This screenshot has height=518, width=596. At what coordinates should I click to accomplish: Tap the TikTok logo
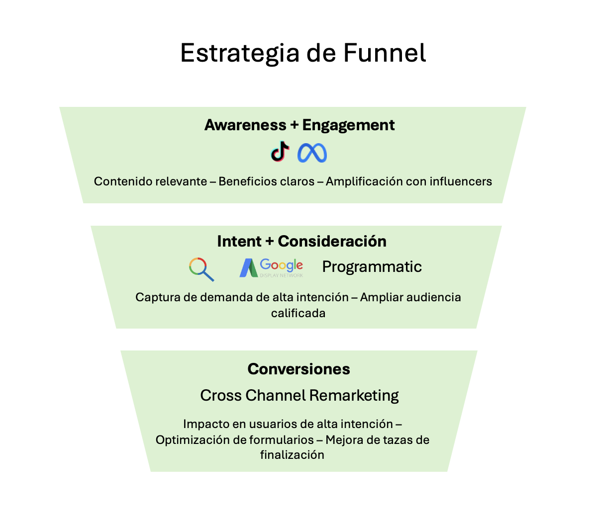280,152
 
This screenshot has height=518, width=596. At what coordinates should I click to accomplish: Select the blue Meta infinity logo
312,153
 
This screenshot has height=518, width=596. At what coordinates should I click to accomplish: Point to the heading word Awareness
245,125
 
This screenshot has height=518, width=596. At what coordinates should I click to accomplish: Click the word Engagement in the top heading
348,125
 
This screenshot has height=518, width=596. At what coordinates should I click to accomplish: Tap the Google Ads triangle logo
248,267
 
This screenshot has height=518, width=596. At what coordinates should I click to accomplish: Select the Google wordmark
281,265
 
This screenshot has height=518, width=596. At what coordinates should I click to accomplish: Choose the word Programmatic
372,266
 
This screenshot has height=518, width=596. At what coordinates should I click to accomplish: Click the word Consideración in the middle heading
332,241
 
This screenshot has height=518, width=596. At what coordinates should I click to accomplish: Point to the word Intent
239,241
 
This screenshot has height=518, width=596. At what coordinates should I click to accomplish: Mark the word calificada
298,313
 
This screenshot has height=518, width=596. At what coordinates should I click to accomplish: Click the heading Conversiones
298,369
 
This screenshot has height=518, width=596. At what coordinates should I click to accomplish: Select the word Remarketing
354,396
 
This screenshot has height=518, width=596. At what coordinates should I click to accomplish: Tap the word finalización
292,455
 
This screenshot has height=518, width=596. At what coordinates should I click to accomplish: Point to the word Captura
154,297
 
